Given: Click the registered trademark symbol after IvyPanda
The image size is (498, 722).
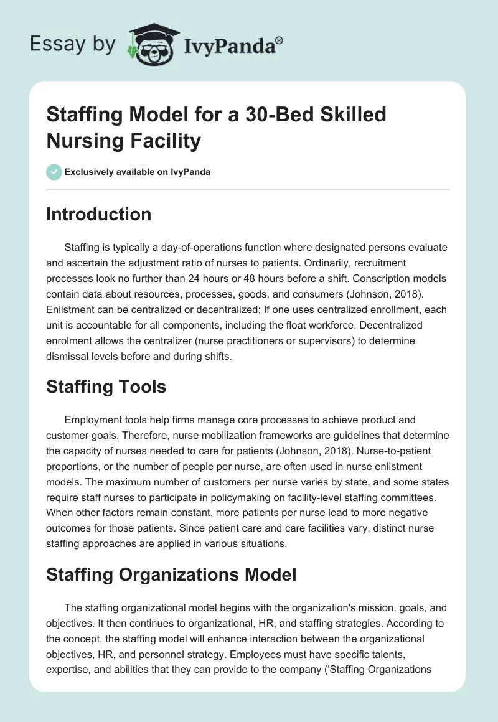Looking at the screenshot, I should point(280,40).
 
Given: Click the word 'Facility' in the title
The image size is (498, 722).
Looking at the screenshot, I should point(167,141).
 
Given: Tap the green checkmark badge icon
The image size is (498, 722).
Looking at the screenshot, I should point(54,172).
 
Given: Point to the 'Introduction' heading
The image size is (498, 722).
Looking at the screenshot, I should point(99,214).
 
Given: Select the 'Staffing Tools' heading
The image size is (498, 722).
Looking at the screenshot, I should point(106,387).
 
